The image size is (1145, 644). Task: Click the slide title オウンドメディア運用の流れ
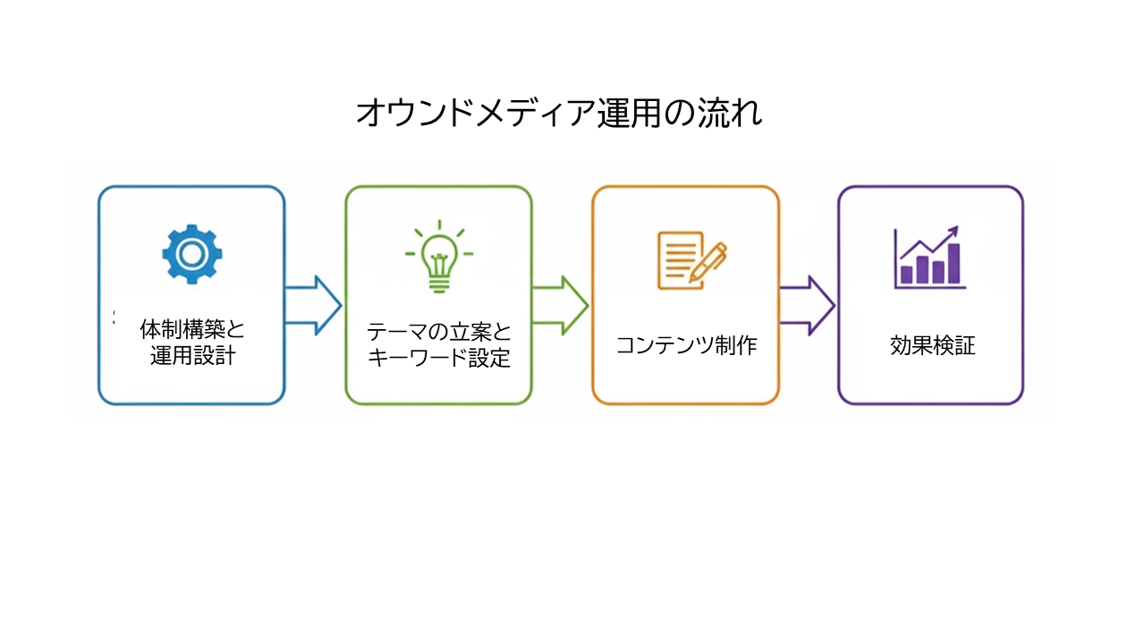[559, 114]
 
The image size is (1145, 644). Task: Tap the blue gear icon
[191, 254]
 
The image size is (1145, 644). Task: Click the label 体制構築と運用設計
[192, 342]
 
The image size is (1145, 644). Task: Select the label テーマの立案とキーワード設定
[438, 345]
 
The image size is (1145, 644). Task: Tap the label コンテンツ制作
[686, 345]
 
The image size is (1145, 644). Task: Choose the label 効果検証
[932, 345]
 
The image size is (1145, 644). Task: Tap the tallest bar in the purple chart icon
[954, 263]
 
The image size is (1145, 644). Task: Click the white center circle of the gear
[191, 254]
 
